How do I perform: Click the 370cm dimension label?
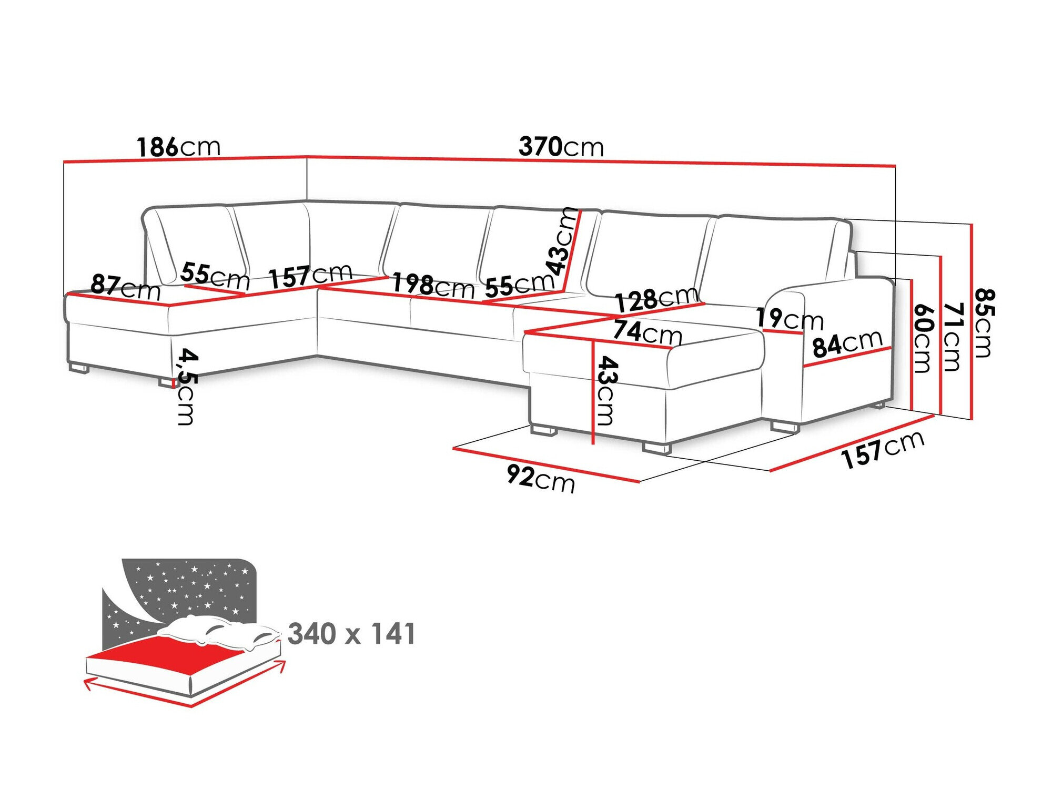click(561, 147)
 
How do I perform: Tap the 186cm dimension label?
click(178, 147)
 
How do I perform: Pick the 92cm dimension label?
click(541, 478)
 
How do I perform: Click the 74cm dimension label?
click(647, 332)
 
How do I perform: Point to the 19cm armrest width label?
click(789, 319)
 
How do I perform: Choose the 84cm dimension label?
click(847, 344)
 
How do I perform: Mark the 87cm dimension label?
click(125, 287)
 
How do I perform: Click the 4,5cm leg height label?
click(186, 386)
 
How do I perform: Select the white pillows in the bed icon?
click(221, 631)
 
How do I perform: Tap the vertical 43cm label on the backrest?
click(562, 241)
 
